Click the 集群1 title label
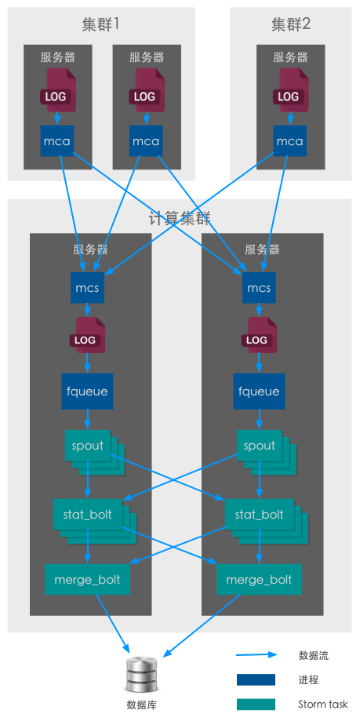tap(100, 24)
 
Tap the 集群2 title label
tap(290, 24)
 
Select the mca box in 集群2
tap(290, 140)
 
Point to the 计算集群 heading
tap(180, 218)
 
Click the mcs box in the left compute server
tap(87, 288)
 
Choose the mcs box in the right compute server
tap(259, 288)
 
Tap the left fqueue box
tap(87, 391)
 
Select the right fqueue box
tap(259, 391)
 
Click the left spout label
tap(87, 446)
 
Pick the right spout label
tap(260, 446)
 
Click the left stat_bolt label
tap(87, 514)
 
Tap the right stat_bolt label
tap(260, 514)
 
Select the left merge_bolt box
tap(87, 579)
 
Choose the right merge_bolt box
tap(259, 579)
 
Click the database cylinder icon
tap(141, 675)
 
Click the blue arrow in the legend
tap(257, 655)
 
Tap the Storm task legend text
tap(323, 704)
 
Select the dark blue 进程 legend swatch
tap(256, 679)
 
